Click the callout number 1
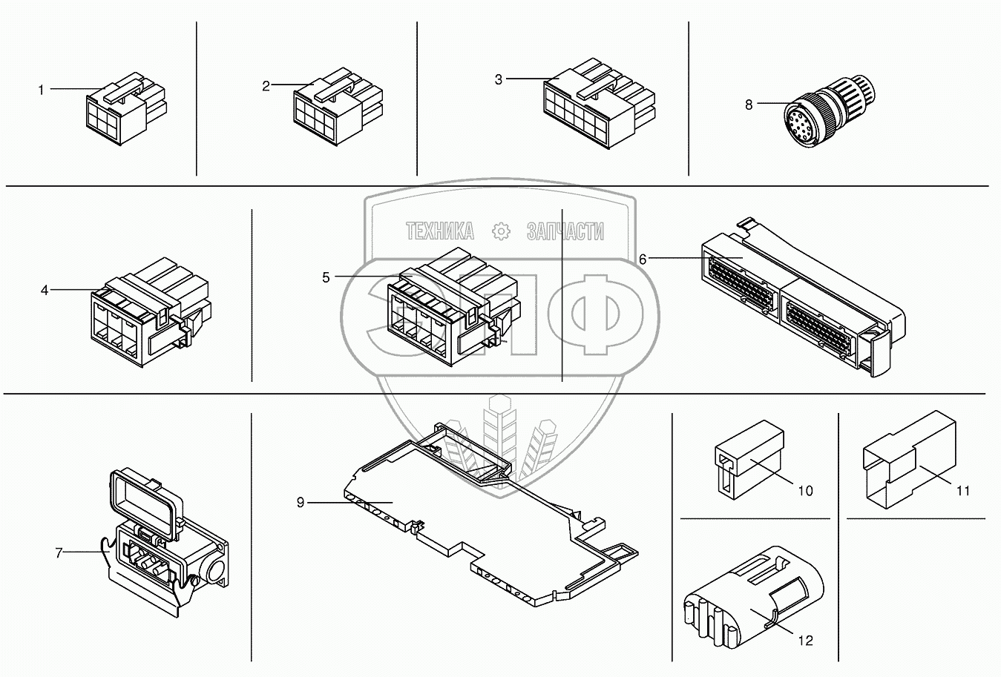pos(41,90)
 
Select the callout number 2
pos(266,86)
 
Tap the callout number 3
pos(498,79)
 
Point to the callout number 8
pos(749,105)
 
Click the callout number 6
pos(643,260)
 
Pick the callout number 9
pos(301,503)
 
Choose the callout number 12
pos(805,641)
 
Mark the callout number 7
pos(59,553)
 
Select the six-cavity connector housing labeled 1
pos(125,109)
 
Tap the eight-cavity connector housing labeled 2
pos(338,107)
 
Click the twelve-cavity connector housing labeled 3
pos(599,104)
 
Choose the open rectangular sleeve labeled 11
pos(909,460)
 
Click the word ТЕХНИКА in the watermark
pos(440,231)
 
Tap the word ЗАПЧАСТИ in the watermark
pos(565,231)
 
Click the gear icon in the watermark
pos(500,231)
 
